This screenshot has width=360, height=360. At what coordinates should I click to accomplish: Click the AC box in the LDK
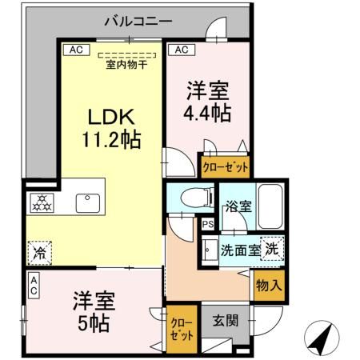click(x=76, y=50)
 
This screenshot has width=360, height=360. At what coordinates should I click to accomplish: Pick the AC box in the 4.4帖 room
click(x=181, y=50)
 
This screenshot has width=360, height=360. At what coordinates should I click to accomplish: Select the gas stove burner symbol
click(x=41, y=203)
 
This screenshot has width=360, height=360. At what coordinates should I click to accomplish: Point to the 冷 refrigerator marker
click(x=39, y=254)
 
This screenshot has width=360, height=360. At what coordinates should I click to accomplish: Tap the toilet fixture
click(x=190, y=198)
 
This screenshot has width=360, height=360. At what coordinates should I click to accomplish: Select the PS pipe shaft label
click(x=207, y=224)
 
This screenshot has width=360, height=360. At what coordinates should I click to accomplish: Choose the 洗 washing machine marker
click(x=273, y=249)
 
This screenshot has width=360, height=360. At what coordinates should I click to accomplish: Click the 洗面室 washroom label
click(x=239, y=250)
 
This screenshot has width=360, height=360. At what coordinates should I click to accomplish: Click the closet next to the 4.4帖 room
click(x=224, y=167)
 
